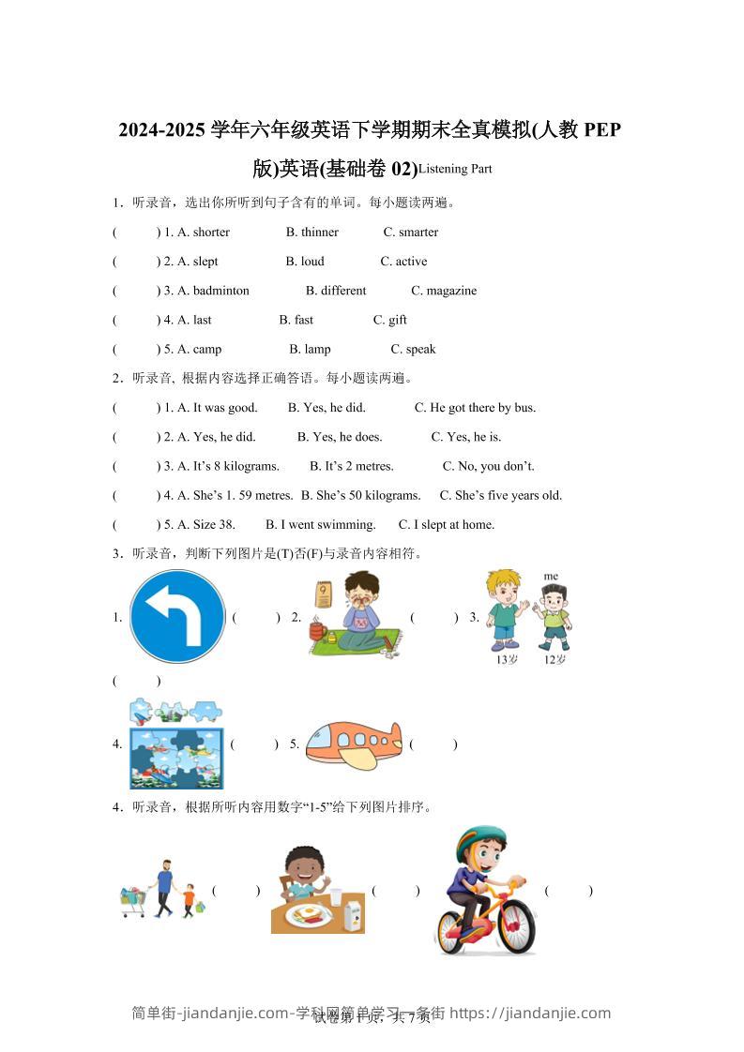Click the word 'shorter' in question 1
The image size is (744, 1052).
tap(211, 233)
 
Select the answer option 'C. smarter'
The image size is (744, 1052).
tap(411, 233)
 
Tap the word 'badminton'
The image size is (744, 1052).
tap(221, 291)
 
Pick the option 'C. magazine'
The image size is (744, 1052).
tap(444, 291)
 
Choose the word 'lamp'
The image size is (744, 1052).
tap(317, 350)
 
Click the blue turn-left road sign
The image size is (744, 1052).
tap(177, 617)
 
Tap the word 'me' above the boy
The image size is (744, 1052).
tap(551, 576)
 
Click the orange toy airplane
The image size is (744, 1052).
tap(355, 744)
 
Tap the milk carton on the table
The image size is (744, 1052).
tap(353, 911)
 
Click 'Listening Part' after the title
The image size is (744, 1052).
tap(455, 170)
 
